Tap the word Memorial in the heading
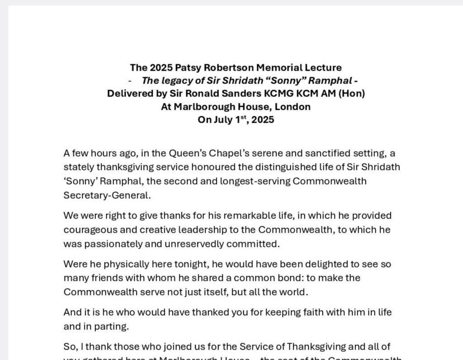click(x=278, y=68)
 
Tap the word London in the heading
click(x=294, y=107)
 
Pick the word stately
click(x=78, y=167)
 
